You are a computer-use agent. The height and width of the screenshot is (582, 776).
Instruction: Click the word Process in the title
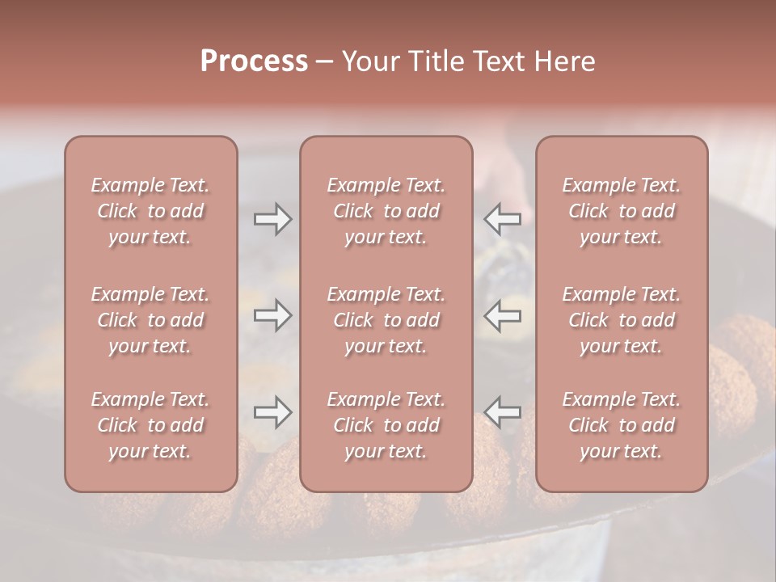pyautogui.click(x=254, y=61)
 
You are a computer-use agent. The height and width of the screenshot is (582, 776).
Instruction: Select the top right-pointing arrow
pyautogui.click(x=272, y=219)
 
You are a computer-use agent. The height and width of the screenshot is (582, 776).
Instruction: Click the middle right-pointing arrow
pyautogui.click(x=272, y=315)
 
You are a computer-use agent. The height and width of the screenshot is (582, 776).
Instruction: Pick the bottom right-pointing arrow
pyautogui.click(x=272, y=413)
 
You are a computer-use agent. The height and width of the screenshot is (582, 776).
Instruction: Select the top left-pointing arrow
pyautogui.click(x=503, y=219)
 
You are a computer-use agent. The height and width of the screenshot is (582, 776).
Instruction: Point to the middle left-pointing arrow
pyautogui.click(x=503, y=315)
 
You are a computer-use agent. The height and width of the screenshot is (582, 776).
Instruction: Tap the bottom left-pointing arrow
pyautogui.click(x=503, y=413)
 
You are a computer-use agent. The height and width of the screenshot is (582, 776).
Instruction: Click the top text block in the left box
pyautogui.click(x=150, y=211)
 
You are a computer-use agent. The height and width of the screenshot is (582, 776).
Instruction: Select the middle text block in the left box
pyautogui.click(x=150, y=320)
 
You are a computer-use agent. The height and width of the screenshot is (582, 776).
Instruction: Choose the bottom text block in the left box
pyautogui.click(x=150, y=425)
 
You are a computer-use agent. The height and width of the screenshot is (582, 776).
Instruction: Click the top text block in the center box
pyautogui.click(x=386, y=211)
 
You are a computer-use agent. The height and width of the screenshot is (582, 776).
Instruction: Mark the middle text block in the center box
pyautogui.click(x=386, y=320)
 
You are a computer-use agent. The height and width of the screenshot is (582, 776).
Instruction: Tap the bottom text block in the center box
pyautogui.click(x=386, y=425)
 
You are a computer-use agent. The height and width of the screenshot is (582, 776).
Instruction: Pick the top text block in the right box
pyautogui.click(x=622, y=211)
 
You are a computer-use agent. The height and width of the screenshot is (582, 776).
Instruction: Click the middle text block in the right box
pyautogui.click(x=622, y=320)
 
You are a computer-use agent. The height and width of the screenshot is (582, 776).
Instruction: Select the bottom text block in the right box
pyautogui.click(x=622, y=425)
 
